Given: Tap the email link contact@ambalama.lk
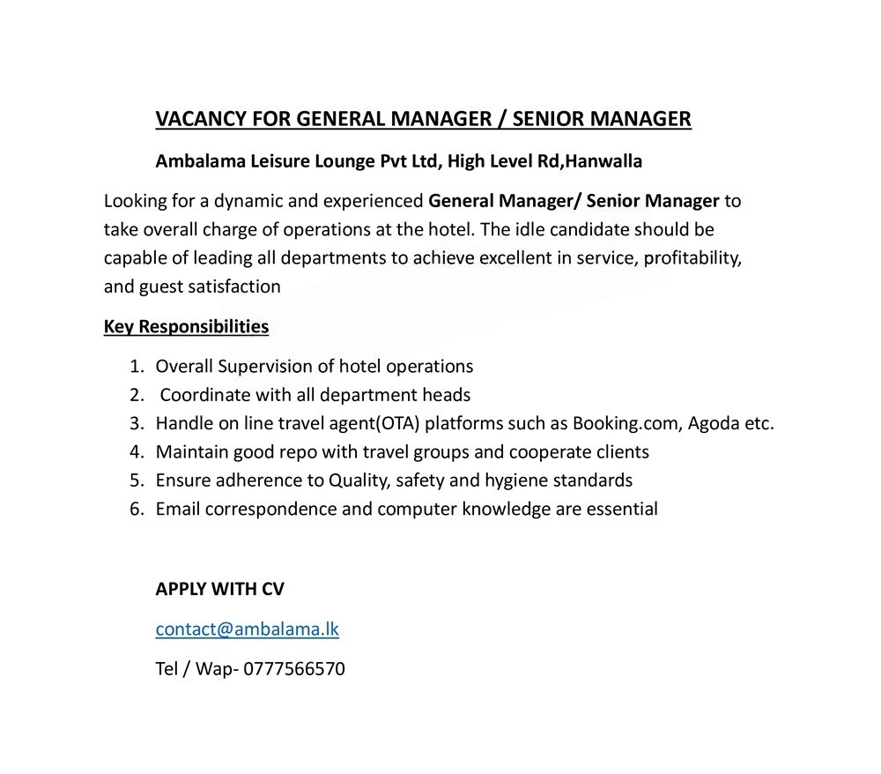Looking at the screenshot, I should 247,629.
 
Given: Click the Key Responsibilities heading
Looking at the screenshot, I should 186,326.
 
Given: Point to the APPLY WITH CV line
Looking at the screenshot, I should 219,589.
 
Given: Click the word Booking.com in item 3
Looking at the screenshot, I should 626,423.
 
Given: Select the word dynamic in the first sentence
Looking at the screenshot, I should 253,201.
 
